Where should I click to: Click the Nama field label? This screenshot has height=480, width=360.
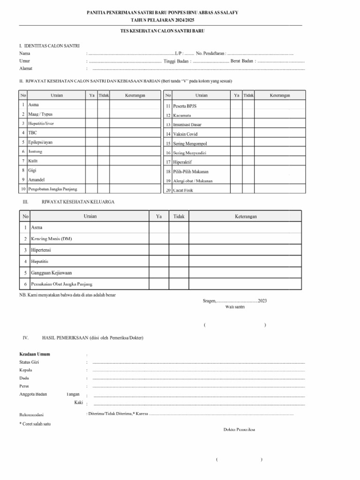25,53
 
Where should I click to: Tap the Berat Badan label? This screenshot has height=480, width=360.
242,61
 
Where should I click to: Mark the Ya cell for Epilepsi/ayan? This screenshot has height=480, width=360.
91,142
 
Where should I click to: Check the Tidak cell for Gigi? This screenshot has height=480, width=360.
104,171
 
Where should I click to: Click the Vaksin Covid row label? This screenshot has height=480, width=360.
185,134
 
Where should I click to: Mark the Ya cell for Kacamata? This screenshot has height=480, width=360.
237,115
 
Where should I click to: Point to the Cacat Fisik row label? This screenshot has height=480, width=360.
183,190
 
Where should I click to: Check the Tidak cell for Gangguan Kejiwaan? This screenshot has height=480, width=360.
179,273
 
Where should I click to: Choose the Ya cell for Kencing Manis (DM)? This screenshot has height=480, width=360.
158,239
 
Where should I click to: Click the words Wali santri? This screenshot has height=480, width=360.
235,307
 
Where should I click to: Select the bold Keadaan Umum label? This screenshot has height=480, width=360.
35,354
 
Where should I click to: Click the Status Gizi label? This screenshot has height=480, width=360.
29,362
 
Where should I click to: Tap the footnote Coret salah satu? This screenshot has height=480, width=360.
35,423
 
